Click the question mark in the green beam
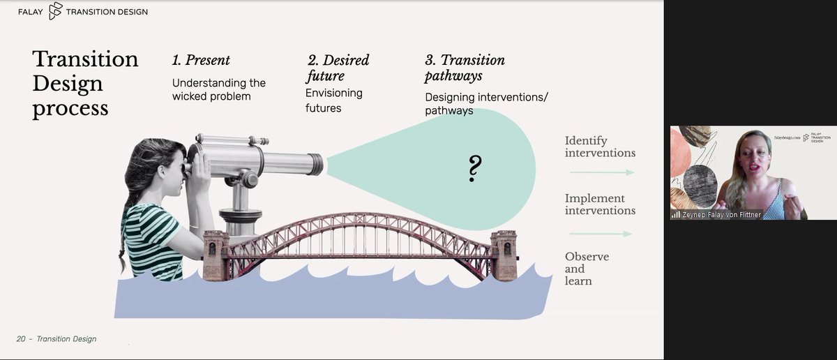pyautogui.click(x=475, y=168)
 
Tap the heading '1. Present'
pyautogui.click(x=201, y=60)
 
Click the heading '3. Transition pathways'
pyautogui.click(x=465, y=68)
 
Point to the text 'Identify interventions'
pyautogui.click(x=600, y=147)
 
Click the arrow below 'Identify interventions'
pyautogui.click(x=600, y=172)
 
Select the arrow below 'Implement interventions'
pyautogui.click(x=600, y=234)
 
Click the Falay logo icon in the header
pyautogui.click(x=56, y=11)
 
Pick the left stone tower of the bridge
pyautogui.click(x=216, y=255)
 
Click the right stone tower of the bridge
pyautogui.click(x=503, y=255)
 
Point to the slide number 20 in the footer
pyautogui.click(x=21, y=339)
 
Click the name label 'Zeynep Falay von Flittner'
pyautogui.click(x=718, y=214)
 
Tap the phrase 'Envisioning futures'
pyautogui.click(x=333, y=100)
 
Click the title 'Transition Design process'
pyautogui.click(x=84, y=84)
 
